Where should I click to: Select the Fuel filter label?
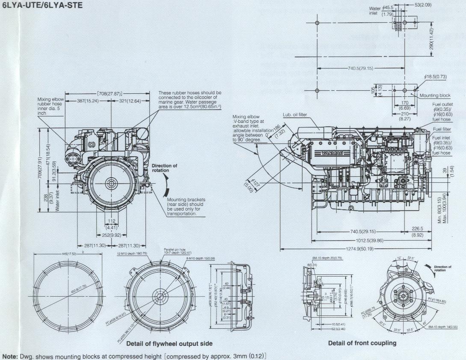[441, 129]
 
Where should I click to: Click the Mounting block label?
[435, 95]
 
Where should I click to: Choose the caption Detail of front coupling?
[362, 343]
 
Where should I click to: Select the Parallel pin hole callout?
[175, 250]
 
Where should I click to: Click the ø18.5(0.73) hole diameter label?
[435, 77]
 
